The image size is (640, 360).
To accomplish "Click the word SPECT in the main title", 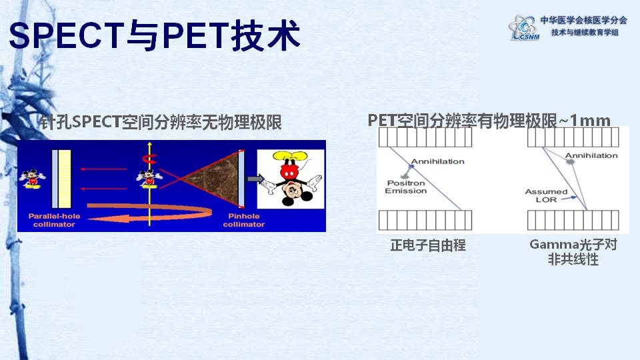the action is pos(67,35).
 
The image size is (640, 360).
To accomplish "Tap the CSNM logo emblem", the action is pos(524,27).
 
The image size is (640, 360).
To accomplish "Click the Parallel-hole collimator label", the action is pos(54,220).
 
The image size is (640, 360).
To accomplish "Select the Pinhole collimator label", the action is pos(244,220).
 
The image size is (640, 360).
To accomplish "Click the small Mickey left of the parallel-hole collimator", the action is pos(32,179).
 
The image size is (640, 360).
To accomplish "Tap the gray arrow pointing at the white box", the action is pos(256,179).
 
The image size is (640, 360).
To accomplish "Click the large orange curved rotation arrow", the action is pos(149,213).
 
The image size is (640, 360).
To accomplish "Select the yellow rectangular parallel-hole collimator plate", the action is pos(65,179).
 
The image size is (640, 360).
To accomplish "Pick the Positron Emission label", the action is pos(406,187).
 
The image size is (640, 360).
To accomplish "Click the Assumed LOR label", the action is pos(546,195).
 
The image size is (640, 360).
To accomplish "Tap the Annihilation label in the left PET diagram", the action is pos(437,161).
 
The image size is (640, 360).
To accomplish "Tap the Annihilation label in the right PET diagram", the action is pos(591,155).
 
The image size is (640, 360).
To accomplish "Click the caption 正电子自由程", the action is pos(428,245).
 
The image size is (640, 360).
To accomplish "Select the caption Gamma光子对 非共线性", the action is pos(573,252).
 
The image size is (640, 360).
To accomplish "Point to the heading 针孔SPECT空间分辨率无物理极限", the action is pos(161,121).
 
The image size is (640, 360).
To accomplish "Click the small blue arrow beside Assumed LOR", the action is pos(569,198).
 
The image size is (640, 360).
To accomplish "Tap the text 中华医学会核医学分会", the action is pos(584,20).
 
